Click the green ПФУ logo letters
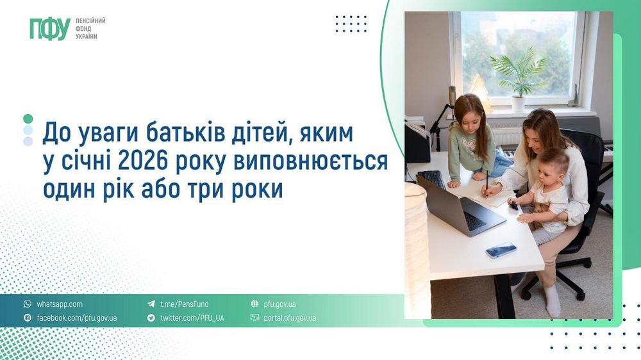[49, 29]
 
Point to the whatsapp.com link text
[60, 304]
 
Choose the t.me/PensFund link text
[184, 304]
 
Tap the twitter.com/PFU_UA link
[192, 318]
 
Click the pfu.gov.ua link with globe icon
[279, 304]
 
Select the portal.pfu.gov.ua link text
[290, 318]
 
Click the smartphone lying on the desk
[501, 250]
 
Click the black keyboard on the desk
[433, 179]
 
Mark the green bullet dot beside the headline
[28, 119]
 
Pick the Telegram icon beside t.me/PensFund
[151, 304]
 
